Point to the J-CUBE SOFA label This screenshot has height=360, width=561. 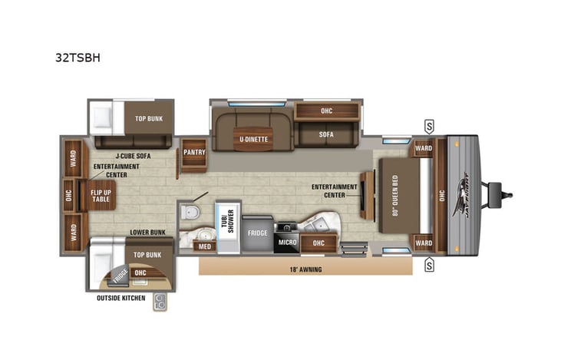(111, 155)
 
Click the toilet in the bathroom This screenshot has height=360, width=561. (189, 212)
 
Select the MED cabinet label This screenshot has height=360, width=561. (204, 246)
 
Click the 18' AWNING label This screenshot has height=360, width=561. (305, 269)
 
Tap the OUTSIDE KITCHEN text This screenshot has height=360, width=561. (120, 297)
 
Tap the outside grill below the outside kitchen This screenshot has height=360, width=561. (160, 302)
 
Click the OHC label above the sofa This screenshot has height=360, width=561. (326, 111)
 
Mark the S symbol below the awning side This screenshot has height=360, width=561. (429, 266)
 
